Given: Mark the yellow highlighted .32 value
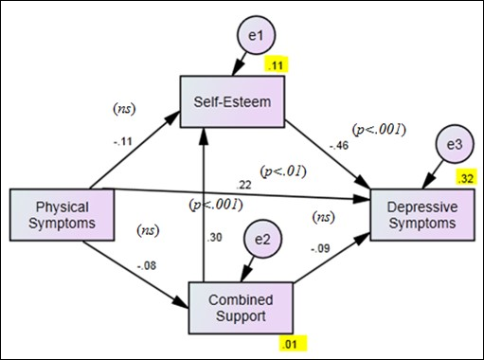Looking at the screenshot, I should [464, 178].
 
